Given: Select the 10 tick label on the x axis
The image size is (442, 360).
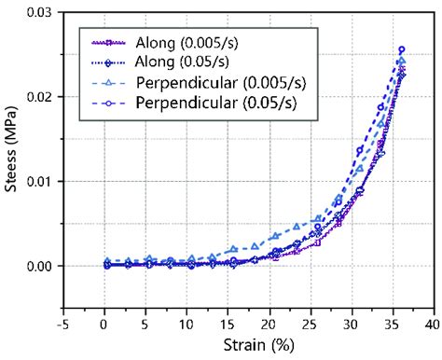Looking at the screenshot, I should click(x=186, y=323).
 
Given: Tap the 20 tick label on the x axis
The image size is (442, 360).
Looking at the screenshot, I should click(x=269, y=323).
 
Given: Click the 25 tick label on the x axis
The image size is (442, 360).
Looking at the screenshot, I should click(x=310, y=323).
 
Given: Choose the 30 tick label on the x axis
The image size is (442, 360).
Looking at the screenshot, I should click(x=351, y=323).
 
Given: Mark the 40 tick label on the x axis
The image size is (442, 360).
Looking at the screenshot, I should click(x=432, y=323).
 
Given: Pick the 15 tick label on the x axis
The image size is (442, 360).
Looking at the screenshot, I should click(x=228, y=323).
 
